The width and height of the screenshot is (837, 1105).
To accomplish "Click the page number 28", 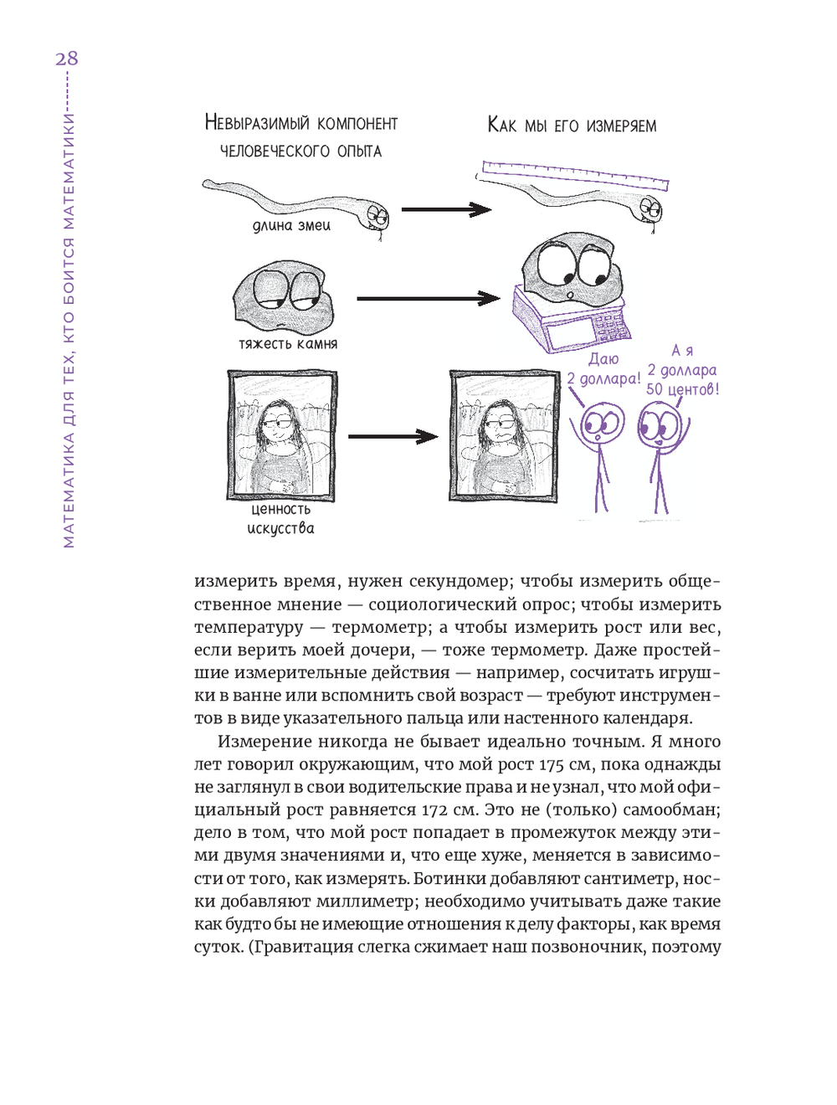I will point(67,59).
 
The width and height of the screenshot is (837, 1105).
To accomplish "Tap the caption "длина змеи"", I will point(291,225).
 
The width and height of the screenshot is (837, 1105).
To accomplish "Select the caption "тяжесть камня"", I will point(288,343).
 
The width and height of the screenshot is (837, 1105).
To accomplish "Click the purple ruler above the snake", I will point(574,175).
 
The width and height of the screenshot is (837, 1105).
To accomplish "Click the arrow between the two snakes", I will point(445,209).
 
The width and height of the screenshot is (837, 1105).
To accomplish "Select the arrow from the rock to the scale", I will point(428,298).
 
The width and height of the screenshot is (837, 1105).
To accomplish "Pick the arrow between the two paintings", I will point(393,436).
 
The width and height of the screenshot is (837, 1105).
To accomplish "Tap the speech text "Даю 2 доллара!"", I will point(603,369).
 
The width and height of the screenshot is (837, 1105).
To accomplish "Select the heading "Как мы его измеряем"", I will point(572,126).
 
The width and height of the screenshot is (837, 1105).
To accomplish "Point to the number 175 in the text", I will point(552,764).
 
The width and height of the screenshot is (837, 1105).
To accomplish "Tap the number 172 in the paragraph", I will point(434,809).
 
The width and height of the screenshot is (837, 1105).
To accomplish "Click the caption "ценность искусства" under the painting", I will point(280,518).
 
